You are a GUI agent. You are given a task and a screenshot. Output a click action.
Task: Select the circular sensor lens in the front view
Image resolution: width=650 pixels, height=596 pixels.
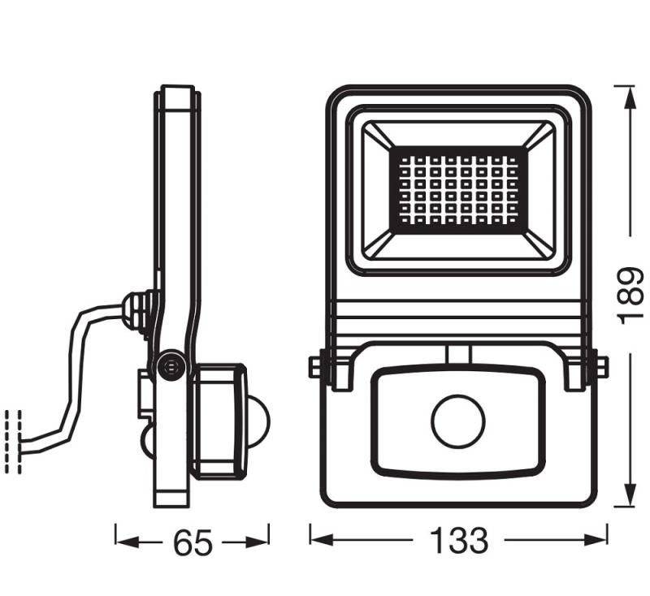[x=457, y=421]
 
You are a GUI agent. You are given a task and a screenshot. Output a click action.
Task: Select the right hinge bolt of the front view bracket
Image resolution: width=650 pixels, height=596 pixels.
[x=599, y=367]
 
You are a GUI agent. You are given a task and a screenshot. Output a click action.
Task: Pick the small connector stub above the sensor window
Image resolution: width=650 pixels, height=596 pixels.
[x=458, y=354]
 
